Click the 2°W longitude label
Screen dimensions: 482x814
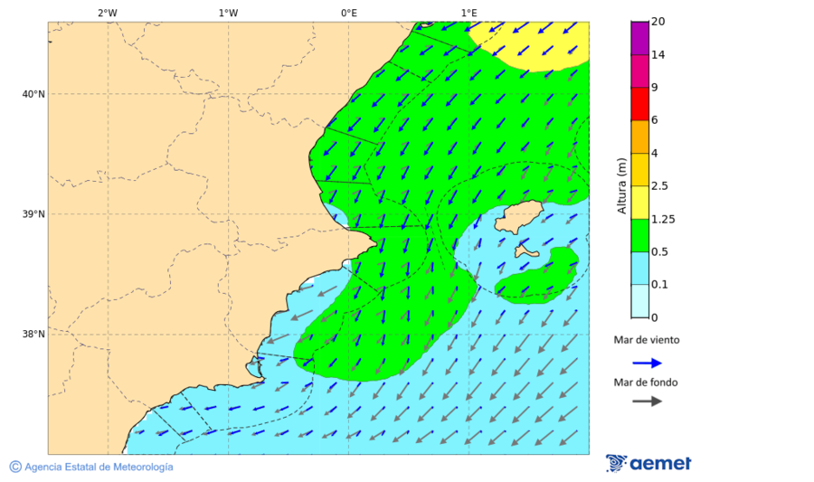(107, 13)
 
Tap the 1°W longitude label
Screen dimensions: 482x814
(228, 13)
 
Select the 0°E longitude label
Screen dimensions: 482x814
(348, 13)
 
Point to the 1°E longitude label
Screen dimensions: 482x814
(469, 13)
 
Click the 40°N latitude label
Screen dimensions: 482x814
(33, 94)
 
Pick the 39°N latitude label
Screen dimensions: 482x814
(33, 214)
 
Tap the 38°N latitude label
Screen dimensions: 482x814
(33, 335)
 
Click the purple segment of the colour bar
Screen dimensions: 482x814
(639, 38)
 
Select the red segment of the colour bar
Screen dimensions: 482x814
(639, 104)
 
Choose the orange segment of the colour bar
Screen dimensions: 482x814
(639, 137)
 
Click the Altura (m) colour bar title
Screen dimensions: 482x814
(621, 185)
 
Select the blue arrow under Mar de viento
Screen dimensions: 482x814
(647, 363)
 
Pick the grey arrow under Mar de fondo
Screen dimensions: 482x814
(647, 402)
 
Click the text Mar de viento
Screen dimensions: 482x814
(646, 340)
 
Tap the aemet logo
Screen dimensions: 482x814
(648, 463)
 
